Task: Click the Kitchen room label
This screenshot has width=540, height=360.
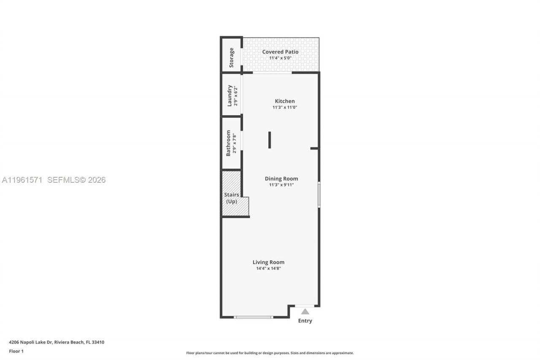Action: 285,101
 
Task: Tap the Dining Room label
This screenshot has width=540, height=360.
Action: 281,179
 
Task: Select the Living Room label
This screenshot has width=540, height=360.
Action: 268,262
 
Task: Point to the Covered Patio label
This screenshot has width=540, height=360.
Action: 280,52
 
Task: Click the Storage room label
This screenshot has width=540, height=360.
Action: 231,57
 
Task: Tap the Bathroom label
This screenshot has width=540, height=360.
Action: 228,143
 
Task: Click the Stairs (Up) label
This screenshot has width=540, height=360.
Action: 232,198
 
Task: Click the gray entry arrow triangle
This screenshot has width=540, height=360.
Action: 305,311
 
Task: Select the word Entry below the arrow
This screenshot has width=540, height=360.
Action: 305,321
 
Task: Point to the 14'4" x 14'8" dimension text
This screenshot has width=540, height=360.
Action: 268,268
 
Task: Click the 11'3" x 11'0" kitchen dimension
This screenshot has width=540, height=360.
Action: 285,108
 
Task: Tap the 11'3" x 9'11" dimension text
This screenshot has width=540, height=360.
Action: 281,185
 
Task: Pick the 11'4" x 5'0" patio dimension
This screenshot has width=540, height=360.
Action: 280,58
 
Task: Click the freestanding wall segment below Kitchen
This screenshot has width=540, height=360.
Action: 270,140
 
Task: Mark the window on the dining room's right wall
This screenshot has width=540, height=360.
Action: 319,195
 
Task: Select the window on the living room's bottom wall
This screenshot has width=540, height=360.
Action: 254,317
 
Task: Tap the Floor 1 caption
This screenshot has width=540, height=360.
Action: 16,351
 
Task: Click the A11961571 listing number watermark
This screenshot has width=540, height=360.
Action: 22,180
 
